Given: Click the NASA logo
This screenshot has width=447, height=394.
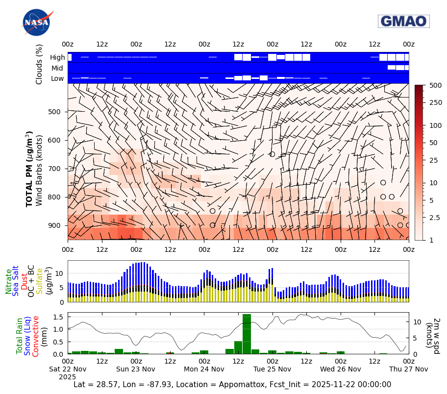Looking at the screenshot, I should (37, 22).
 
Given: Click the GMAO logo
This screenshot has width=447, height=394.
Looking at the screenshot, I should (403, 21).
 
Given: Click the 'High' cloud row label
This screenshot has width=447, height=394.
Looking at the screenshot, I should (57, 57).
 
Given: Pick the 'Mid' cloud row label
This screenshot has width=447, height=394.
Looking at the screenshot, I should (57, 68).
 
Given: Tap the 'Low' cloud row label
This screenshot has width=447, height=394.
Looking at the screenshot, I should (57, 78).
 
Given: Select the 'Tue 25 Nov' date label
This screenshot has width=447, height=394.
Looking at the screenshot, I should (272, 369).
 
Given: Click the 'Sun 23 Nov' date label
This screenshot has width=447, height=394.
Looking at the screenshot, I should (136, 369).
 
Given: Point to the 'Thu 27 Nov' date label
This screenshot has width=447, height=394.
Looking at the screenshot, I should (408, 369).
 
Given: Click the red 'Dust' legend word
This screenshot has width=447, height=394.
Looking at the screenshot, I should (24, 283).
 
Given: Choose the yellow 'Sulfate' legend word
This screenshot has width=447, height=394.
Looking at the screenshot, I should (39, 281).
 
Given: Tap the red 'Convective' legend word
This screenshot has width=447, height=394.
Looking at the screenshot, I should (36, 336).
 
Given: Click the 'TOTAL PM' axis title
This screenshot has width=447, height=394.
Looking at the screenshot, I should (29, 169).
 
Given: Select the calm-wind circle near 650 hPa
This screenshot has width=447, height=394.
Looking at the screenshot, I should (272, 154).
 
